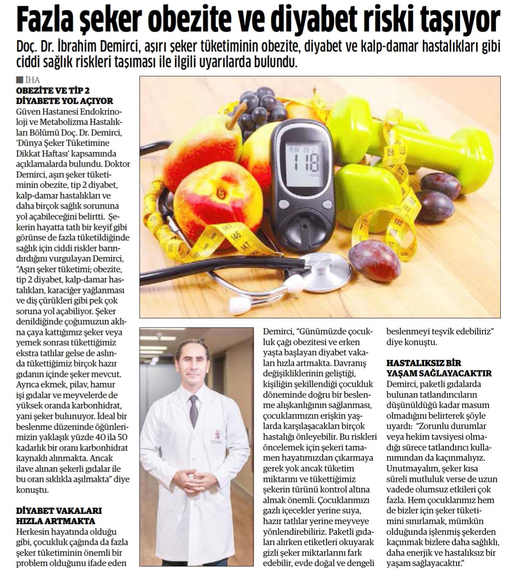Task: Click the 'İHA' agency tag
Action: point(32,80)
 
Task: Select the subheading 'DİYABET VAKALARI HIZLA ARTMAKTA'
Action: point(59,515)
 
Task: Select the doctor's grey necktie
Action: point(192,412)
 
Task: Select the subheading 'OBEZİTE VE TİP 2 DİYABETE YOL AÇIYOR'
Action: point(64,95)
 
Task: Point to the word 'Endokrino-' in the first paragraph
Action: point(102,112)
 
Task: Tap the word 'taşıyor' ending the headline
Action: point(467,19)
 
